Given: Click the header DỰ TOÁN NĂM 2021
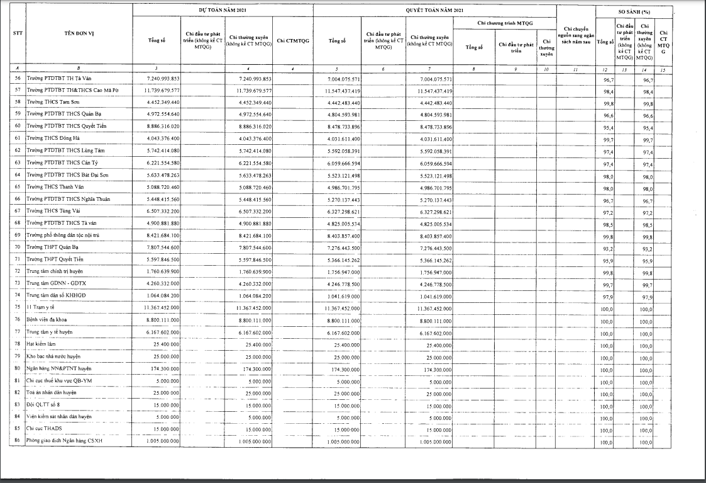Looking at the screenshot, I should [x=223, y=11].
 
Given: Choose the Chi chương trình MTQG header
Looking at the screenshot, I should [x=505, y=23].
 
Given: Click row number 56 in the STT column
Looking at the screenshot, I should [x=18, y=79].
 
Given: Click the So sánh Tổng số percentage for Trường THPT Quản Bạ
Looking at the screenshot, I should [x=606, y=247].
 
